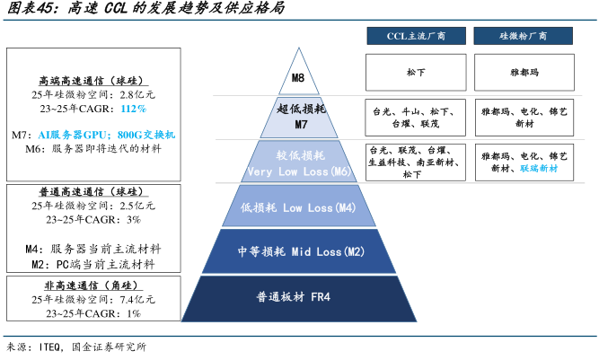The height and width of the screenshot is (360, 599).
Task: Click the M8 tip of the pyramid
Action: [x=300, y=79]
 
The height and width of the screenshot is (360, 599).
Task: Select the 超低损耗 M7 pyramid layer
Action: [x=300, y=117]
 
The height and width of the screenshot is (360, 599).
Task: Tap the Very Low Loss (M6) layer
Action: [x=300, y=162]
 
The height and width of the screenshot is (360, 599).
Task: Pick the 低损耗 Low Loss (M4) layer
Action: [x=300, y=208]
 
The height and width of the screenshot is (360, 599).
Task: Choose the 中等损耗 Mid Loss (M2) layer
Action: [x=300, y=252]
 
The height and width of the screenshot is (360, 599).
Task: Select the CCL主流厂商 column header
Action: [x=415, y=36]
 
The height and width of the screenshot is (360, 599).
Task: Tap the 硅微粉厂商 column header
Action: [x=524, y=36]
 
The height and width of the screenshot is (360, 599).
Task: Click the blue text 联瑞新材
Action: [x=539, y=168]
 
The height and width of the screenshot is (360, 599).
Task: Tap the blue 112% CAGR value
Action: [x=134, y=108]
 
